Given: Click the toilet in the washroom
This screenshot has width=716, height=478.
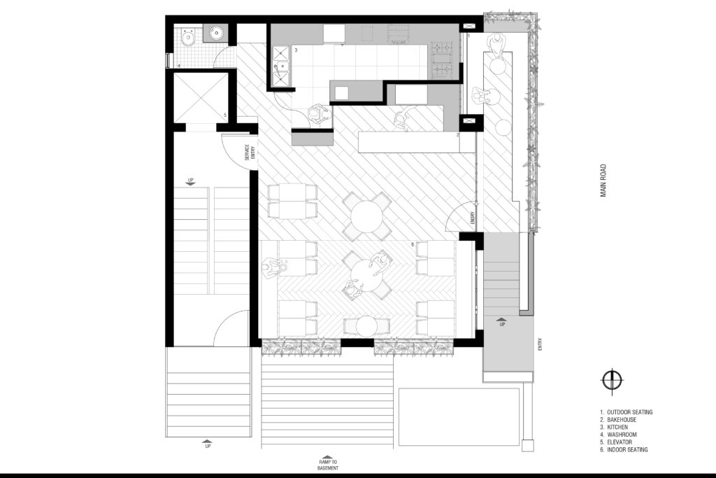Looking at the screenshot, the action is [x=188, y=38].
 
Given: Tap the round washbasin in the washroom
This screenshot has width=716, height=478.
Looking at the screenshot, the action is [x=215, y=33].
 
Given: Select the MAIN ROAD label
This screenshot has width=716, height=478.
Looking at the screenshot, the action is [x=603, y=181].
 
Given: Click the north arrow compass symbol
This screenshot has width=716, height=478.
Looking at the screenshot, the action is [x=611, y=380].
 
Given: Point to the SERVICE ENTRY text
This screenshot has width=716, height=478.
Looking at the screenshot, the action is [x=250, y=152].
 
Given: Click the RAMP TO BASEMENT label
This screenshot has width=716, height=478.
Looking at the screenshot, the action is [x=328, y=465].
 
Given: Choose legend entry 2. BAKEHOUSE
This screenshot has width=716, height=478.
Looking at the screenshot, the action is [x=618, y=419].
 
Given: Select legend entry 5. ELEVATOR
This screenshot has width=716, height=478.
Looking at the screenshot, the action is [x=616, y=442].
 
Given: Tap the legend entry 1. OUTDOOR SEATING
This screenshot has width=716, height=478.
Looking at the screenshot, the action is [x=626, y=412].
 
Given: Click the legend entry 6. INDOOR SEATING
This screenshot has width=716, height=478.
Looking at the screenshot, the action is [x=624, y=450].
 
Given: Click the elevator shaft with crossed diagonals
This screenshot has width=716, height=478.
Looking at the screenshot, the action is [x=201, y=98].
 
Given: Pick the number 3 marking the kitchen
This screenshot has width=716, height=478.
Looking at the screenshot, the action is [x=296, y=50].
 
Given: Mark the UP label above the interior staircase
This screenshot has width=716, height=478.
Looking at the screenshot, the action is [x=191, y=180].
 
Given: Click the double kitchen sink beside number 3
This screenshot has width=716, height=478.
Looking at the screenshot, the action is [x=281, y=66].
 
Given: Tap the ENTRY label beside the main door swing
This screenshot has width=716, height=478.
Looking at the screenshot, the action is [x=473, y=218].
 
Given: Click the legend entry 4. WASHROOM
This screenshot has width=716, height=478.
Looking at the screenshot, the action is [x=618, y=435].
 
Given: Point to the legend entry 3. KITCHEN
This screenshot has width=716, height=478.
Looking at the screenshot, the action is [x=614, y=428].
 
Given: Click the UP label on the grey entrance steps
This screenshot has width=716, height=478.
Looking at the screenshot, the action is [x=502, y=325].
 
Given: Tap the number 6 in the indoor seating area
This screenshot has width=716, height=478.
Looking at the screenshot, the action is [x=413, y=245].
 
